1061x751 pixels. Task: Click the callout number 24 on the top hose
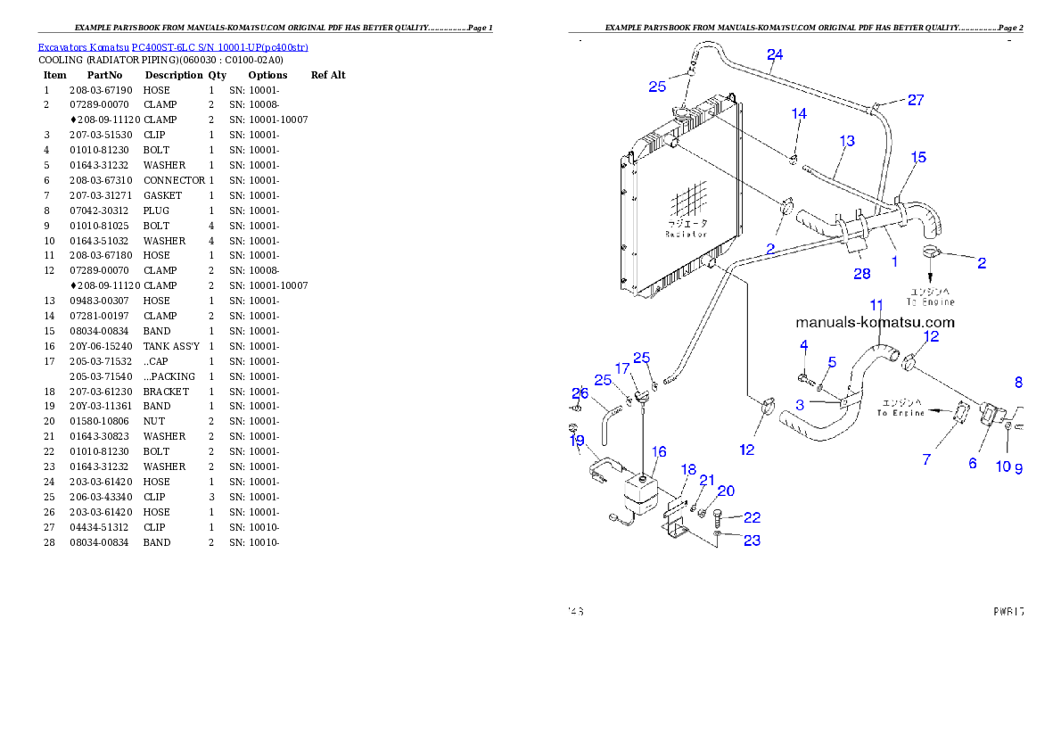click(x=775, y=55)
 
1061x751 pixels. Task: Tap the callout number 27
click(x=916, y=100)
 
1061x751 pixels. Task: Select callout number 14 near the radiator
click(x=799, y=114)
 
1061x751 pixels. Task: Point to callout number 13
click(x=846, y=141)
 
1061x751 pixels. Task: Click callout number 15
click(x=918, y=158)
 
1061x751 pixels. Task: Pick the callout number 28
click(x=861, y=274)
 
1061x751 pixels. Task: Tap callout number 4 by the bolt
click(x=803, y=345)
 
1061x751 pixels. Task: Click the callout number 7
click(x=926, y=459)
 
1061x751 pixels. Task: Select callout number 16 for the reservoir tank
click(x=659, y=453)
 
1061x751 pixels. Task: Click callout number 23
click(x=752, y=541)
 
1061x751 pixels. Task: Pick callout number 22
click(x=752, y=517)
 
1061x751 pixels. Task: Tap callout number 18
click(x=688, y=469)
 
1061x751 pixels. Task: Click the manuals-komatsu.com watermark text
click(x=875, y=323)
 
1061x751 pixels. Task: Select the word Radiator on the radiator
click(x=686, y=235)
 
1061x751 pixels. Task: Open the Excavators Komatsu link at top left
click(x=173, y=47)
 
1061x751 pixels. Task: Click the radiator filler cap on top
click(x=686, y=116)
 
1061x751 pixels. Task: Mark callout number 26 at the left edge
click(x=580, y=393)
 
